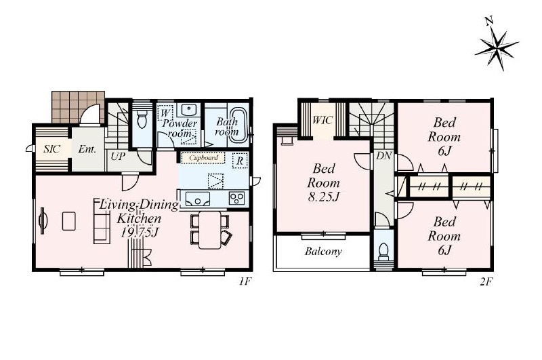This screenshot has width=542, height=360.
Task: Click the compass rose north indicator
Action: (x=497, y=45)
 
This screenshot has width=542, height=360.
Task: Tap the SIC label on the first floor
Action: (x=52, y=149)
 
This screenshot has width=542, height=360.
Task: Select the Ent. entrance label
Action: (x=87, y=149)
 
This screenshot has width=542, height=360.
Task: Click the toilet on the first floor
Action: (x=142, y=119)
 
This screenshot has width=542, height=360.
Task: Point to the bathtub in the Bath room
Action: (x=238, y=125)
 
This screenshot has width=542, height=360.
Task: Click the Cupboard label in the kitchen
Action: (x=204, y=158)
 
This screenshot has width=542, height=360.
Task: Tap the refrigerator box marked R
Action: (x=240, y=161)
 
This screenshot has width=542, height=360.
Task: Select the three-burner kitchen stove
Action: (x=237, y=199)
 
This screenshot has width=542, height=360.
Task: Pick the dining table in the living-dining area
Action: (x=210, y=230)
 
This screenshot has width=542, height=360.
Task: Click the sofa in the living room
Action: (x=102, y=222)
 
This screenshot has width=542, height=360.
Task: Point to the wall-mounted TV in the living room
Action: (x=43, y=220)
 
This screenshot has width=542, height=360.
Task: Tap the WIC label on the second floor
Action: (x=322, y=120)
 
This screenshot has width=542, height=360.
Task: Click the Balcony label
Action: (x=324, y=251)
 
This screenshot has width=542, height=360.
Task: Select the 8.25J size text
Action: (x=324, y=197)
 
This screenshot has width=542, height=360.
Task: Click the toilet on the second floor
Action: (x=383, y=252)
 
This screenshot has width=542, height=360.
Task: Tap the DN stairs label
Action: (x=383, y=156)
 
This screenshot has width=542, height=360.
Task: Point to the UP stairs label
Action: (x=118, y=157)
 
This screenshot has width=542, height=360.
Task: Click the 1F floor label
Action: (x=244, y=281)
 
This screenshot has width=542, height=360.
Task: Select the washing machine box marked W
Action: (x=165, y=113)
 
